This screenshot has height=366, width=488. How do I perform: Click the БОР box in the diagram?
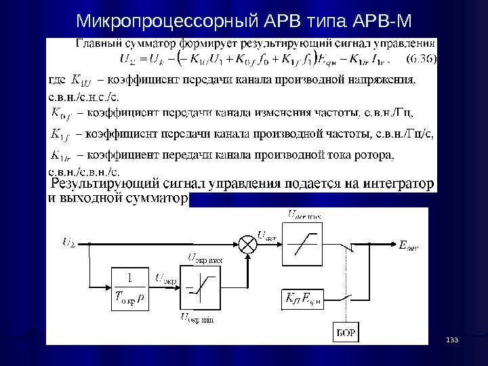(x=346, y=332)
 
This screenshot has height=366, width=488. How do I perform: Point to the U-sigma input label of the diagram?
(x=69, y=240)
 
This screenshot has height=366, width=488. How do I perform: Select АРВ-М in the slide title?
(x=383, y=19)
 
